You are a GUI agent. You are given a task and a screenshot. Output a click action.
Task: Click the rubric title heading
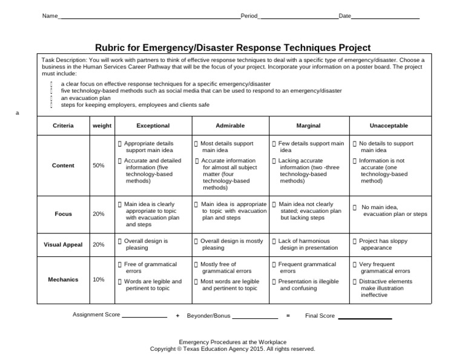tap(233, 47)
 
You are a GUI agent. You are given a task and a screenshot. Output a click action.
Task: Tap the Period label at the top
tap(249, 16)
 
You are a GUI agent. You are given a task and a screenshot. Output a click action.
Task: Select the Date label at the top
tap(345, 16)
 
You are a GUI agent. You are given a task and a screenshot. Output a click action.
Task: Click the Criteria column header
tap(64, 125)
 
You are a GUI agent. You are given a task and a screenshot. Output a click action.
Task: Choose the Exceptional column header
tap(153, 125)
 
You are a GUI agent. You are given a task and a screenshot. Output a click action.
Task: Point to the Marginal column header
tap(308, 125)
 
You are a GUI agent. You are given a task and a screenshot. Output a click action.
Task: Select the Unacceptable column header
tap(389, 125)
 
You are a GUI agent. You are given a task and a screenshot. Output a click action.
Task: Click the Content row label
tap(64, 165)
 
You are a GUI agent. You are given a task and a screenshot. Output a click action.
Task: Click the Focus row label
tap(64, 214)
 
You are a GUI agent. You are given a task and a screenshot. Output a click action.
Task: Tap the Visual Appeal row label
tap(64, 244)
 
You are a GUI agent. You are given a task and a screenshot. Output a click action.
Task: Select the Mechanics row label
tap(64, 279)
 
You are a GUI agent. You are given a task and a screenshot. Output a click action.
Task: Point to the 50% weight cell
tap(99, 165)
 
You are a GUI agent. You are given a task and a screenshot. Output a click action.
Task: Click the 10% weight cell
tap(99, 279)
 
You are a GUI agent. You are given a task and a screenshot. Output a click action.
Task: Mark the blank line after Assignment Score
tap(144, 317)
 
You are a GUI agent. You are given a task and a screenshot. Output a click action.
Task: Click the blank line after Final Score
tap(364, 317)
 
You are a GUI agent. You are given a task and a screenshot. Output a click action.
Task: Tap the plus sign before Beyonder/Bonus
tap(177, 316)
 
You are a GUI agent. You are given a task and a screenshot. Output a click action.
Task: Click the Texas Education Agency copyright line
tap(232, 349)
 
